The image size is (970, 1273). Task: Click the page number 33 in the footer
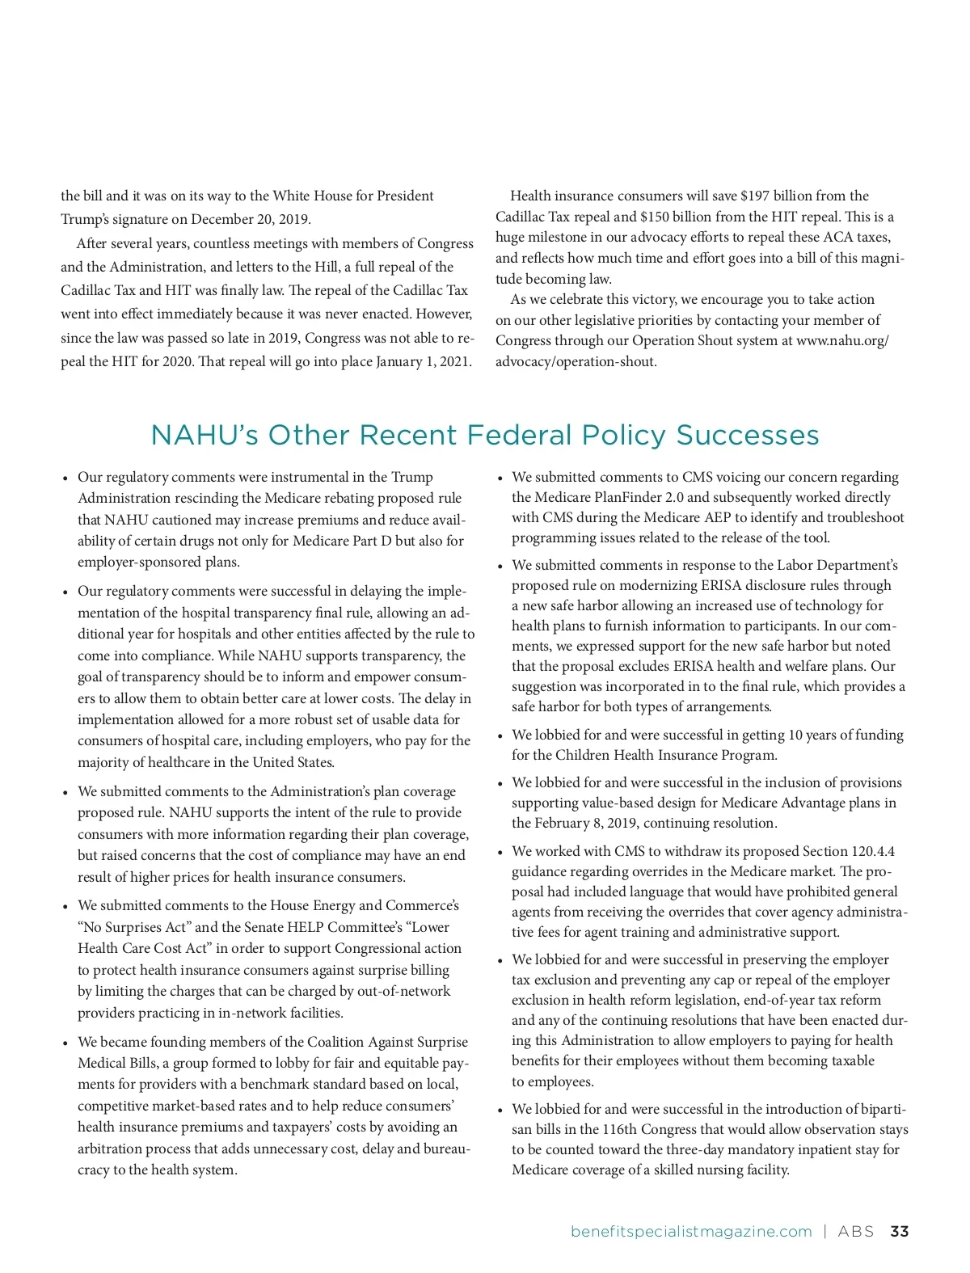click(x=899, y=1232)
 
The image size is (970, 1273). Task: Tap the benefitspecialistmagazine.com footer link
click(x=691, y=1232)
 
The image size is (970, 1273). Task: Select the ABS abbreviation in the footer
click(x=856, y=1232)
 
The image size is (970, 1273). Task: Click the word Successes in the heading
click(x=748, y=435)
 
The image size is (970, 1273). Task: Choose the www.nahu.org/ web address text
click(x=842, y=340)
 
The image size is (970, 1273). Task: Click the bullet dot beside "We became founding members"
click(x=65, y=1043)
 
